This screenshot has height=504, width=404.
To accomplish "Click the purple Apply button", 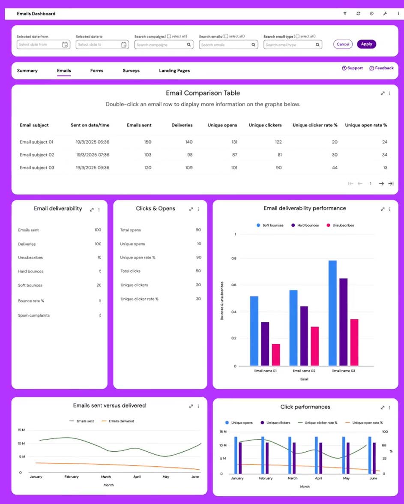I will tap(366, 44).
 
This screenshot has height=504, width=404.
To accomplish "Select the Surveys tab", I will tap(131, 71).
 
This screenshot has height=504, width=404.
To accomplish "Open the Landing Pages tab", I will tap(174, 71).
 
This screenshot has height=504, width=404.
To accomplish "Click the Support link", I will tap(353, 68).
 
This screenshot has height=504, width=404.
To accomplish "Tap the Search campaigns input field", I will tap(161, 45).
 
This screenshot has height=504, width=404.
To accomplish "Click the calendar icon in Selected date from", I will tap(65, 45).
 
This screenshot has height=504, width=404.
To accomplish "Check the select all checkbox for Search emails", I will tap(227, 36).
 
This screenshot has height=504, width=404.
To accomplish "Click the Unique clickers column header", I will tap(265, 125).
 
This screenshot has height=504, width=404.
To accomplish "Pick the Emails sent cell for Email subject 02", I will tap(145, 155).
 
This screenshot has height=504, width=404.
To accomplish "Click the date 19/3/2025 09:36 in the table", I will tap(93, 168).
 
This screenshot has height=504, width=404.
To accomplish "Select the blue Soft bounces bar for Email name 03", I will tap(332, 313).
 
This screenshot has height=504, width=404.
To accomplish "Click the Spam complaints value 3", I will tap(100, 315).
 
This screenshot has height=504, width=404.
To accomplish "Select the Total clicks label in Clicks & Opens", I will tap(130, 271).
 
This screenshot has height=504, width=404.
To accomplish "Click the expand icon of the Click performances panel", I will tap(383, 408).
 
